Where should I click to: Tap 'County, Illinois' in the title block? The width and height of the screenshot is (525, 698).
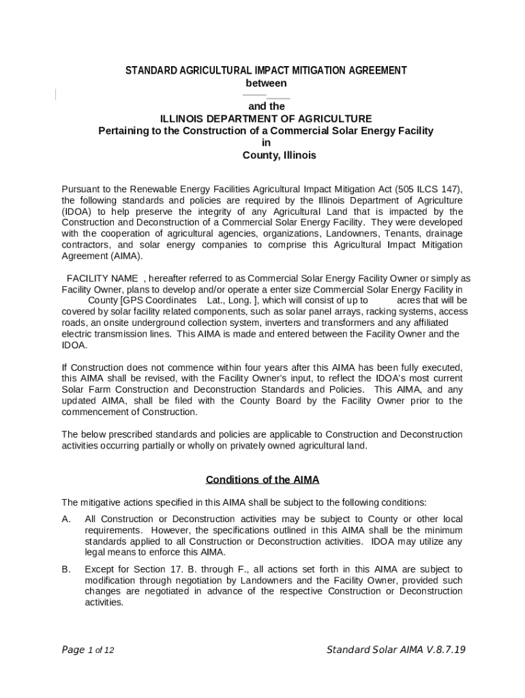280,155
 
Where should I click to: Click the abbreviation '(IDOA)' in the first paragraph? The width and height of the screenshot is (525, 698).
76,211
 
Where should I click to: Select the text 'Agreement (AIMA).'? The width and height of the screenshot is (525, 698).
102,256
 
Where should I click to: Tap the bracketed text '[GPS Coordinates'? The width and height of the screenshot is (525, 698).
160,300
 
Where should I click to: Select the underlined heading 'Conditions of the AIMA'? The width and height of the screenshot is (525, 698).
262,479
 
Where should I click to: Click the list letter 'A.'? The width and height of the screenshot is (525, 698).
67,519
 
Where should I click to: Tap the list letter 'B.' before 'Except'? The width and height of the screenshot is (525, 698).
67,569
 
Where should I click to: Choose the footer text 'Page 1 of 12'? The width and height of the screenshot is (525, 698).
88,650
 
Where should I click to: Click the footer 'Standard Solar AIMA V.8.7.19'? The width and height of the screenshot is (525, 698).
395,649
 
